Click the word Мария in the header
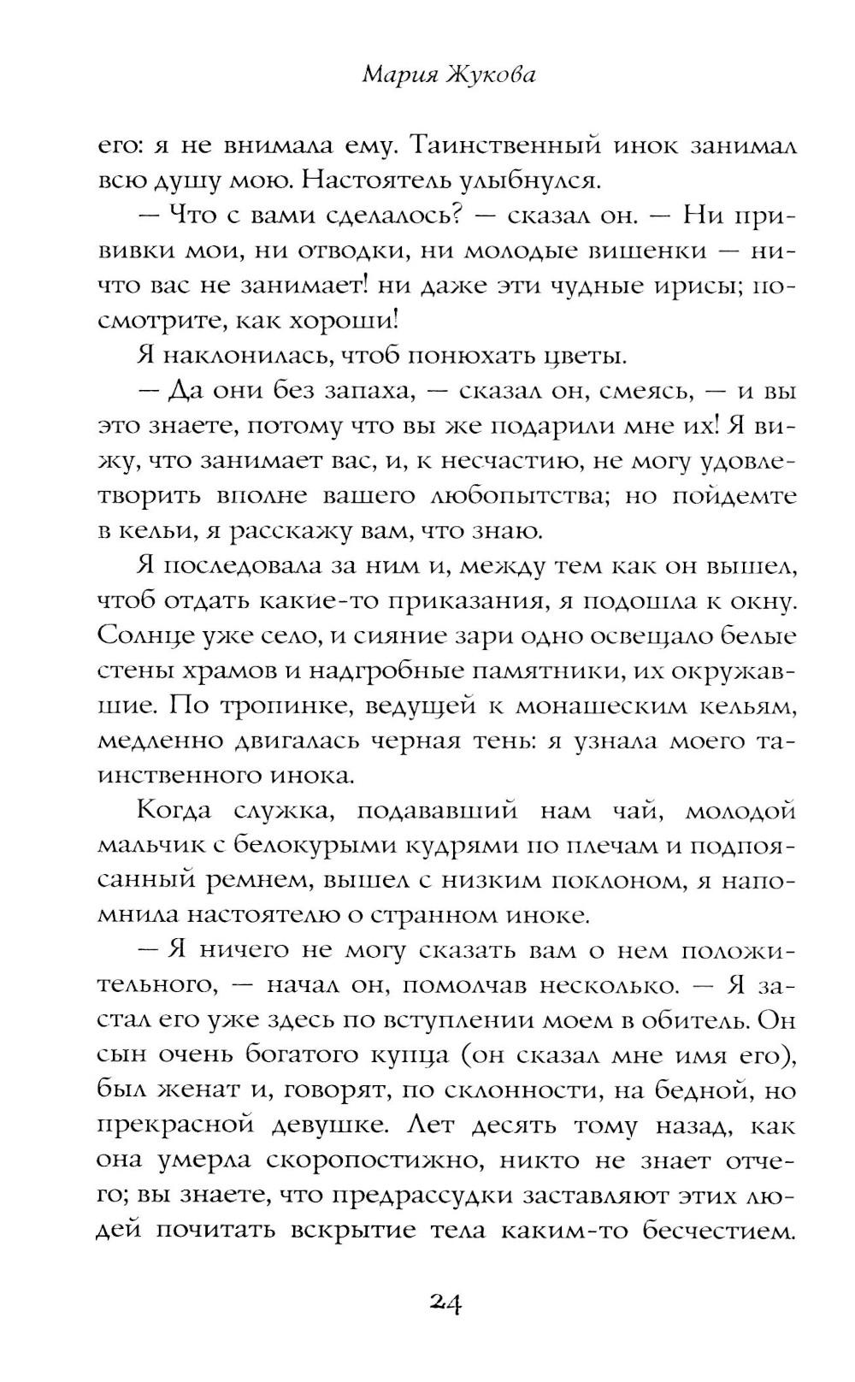(x=398, y=76)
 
